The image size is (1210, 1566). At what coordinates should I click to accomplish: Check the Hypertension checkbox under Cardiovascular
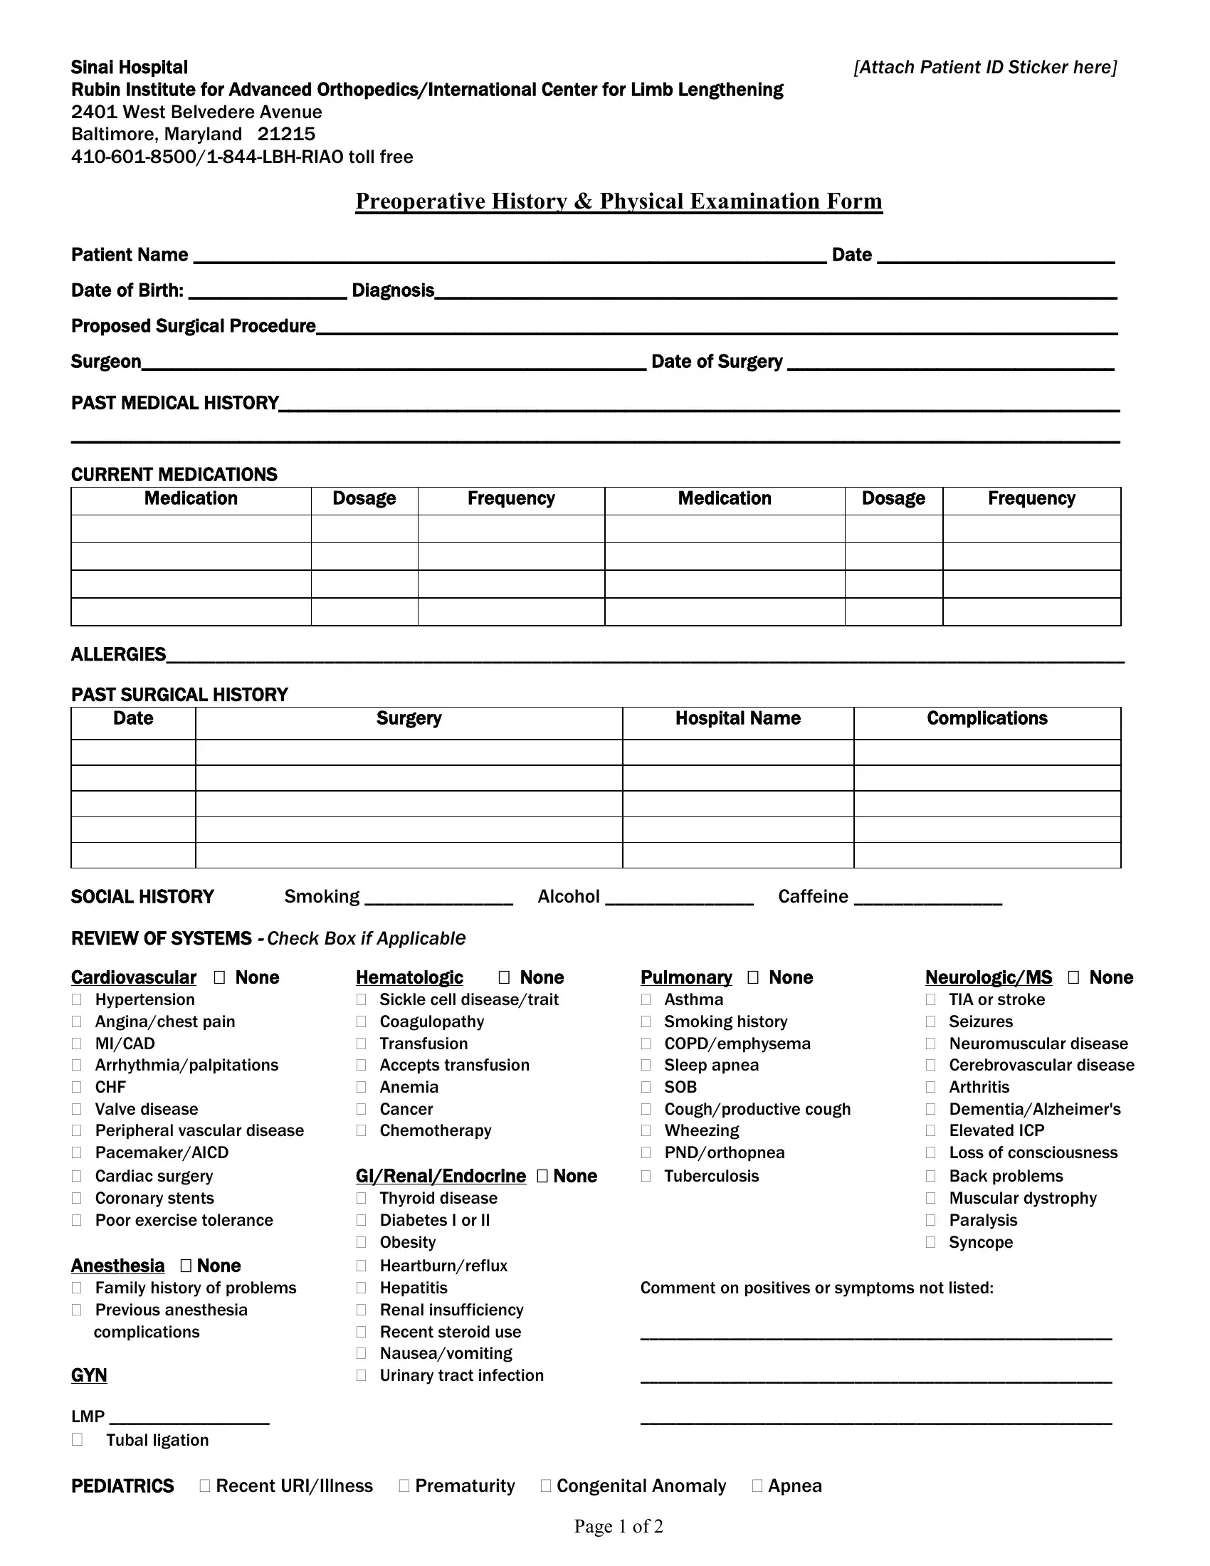(77, 999)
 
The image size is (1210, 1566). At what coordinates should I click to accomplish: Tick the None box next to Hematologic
(504, 977)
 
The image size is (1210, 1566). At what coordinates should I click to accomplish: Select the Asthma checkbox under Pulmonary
(646, 999)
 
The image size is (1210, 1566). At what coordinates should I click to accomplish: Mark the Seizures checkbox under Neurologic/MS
(930, 1021)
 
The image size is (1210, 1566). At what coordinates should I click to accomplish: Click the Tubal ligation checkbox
(77, 1439)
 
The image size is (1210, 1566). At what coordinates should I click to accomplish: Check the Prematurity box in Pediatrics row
(404, 1486)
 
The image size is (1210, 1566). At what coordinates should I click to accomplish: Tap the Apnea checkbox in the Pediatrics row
(757, 1486)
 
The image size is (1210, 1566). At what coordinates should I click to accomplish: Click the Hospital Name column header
(737, 718)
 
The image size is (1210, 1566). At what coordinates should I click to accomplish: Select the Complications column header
(987, 718)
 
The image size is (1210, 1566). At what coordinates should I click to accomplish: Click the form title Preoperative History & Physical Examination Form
(619, 201)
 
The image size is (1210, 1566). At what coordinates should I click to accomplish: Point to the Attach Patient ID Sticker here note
(985, 68)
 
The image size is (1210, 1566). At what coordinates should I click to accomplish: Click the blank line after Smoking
(438, 899)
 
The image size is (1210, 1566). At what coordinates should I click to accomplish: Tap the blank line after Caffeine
(927, 899)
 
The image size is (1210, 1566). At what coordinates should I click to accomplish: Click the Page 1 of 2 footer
(619, 1526)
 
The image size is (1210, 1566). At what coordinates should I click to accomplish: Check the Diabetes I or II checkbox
(362, 1219)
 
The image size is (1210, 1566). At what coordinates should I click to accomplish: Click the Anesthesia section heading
(117, 1266)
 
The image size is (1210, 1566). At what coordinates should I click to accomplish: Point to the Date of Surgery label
(717, 362)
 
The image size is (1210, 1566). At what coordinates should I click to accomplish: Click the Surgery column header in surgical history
(409, 718)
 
